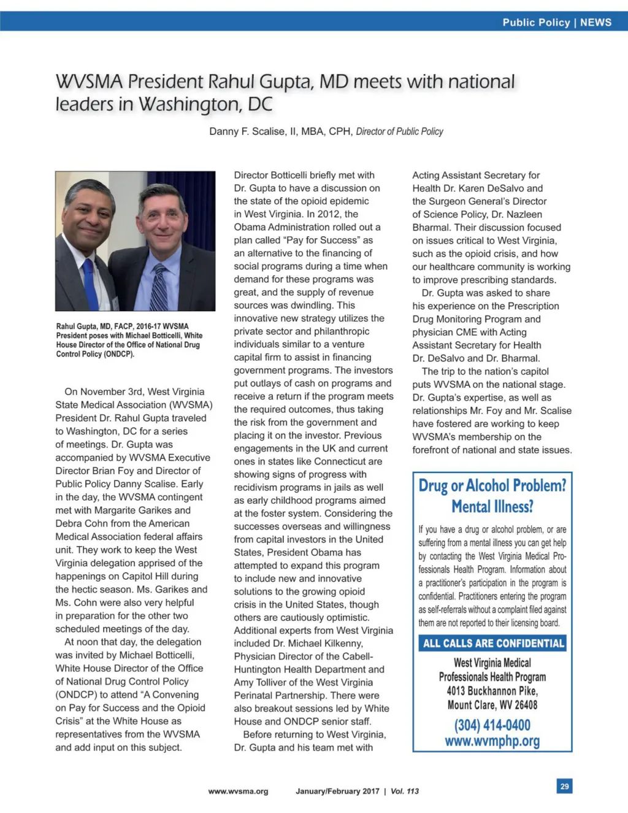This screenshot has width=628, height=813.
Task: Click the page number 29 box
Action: (x=564, y=786)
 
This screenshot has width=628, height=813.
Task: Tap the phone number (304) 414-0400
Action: (x=492, y=725)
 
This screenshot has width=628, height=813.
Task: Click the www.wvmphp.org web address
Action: (x=492, y=741)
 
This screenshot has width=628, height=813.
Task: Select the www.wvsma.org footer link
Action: (x=238, y=791)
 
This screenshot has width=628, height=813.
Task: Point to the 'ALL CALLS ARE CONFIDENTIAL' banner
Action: (x=492, y=643)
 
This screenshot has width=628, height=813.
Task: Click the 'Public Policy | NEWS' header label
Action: (x=556, y=22)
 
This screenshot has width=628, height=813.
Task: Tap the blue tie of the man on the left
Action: (x=91, y=283)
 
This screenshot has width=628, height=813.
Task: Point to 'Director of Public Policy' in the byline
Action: (x=399, y=131)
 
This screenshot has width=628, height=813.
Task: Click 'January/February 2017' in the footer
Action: (x=337, y=791)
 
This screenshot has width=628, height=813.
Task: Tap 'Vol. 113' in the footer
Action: (x=404, y=791)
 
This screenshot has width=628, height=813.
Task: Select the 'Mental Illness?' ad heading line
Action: (x=492, y=506)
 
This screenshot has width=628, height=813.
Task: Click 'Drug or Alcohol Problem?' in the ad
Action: (x=492, y=485)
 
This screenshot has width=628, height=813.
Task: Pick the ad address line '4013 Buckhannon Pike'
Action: (x=492, y=691)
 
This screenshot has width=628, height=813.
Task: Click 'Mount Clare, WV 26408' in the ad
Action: (x=492, y=705)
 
